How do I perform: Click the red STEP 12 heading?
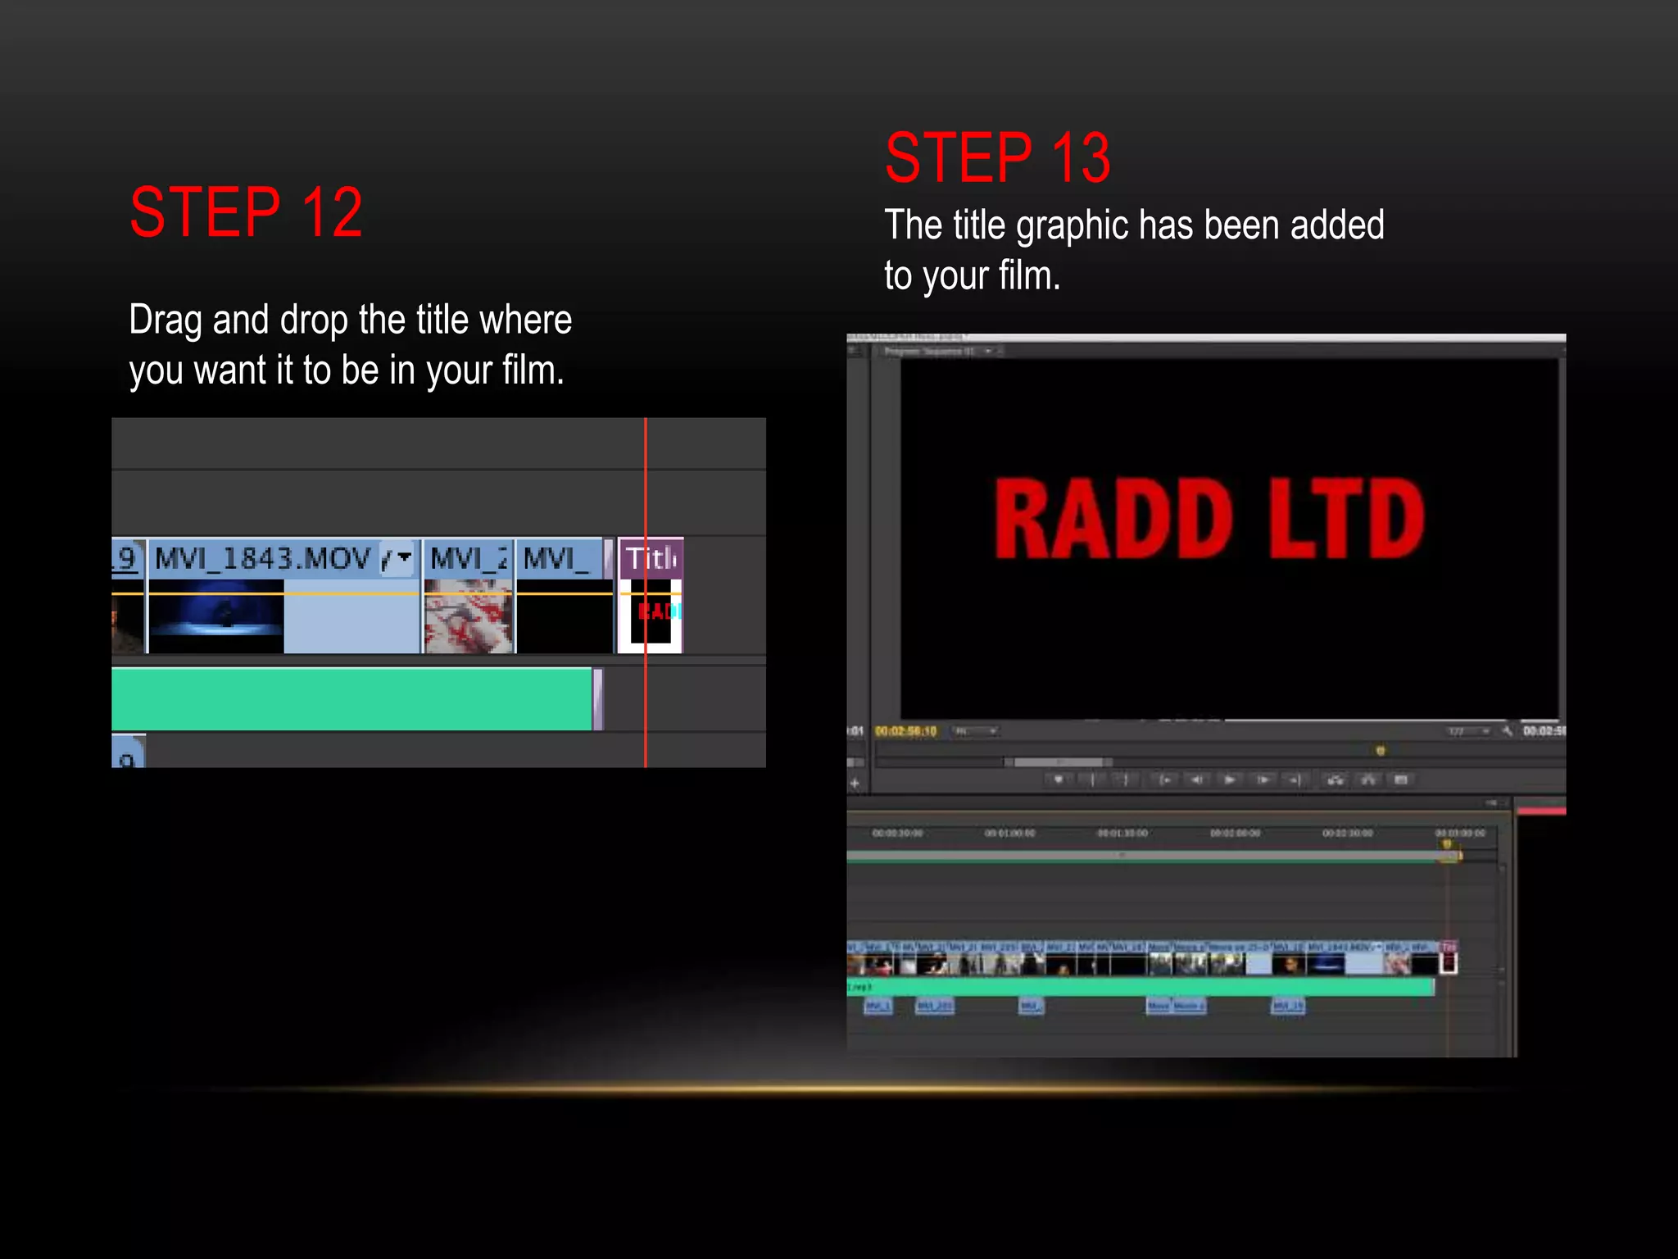click(x=246, y=212)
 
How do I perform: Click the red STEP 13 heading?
click(x=997, y=158)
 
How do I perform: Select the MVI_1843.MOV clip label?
click(x=262, y=559)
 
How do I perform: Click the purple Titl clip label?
click(x=651, y=558)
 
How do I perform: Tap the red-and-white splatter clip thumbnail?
click(x=468, y=616)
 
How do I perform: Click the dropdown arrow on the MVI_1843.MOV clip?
click(x=404, y=557)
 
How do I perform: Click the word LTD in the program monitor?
click(x=1347, y=519)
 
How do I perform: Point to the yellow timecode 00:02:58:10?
click(x=905, y=731)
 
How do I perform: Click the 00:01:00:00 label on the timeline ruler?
click(x=1009, y=833)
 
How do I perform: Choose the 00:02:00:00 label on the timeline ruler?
click(x=1235, y=833)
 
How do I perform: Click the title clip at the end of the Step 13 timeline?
click(x=1449, y=958)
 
